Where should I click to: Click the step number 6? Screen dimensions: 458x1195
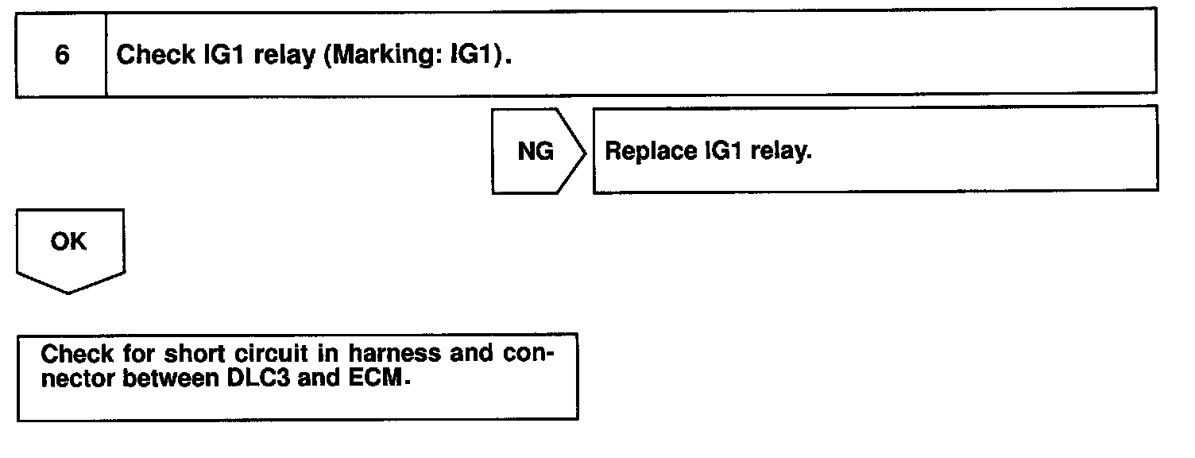61,56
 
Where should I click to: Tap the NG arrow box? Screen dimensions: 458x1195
536,151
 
